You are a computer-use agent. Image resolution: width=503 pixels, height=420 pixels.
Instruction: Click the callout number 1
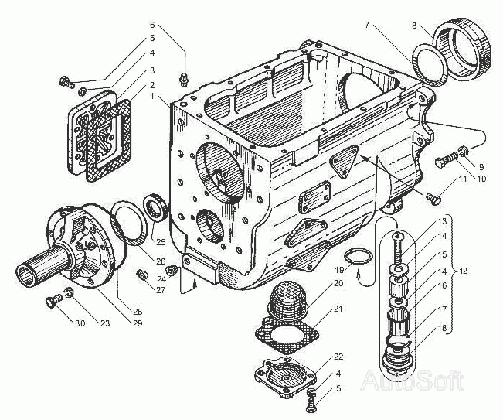[x=153, y=97]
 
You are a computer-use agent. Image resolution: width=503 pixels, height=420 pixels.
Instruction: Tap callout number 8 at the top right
[x=415, y=26]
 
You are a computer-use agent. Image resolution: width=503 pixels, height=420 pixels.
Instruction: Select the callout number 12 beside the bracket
[x=463, y=271]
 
